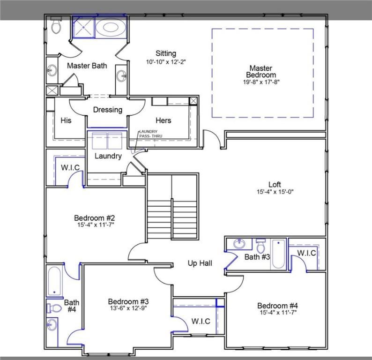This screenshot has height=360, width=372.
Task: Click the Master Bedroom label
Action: tap(261, 72)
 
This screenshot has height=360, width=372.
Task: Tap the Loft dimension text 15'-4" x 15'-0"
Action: tap(275, 192)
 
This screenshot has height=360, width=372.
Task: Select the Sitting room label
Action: tap(166, 53)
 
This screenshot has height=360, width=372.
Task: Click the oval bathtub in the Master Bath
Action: tap(111, 28)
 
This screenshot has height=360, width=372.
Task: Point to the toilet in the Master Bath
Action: tap(57, 27)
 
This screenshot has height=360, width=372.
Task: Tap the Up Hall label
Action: tap(200, 263)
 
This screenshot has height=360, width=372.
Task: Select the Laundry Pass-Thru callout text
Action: tap(148, 134)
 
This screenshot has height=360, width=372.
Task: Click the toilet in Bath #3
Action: tap(260, 245)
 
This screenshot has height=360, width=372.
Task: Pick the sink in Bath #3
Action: tap(239, 244)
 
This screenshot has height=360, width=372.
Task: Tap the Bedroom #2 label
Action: tap(95, 218)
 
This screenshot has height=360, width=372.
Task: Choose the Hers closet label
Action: tap(163, 120)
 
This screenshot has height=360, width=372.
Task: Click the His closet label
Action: tap(66, 120)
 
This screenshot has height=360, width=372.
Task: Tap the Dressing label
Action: tap(107, 110)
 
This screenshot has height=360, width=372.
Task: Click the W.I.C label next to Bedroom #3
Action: tap(201, 322)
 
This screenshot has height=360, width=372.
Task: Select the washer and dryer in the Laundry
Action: tap(107, 141)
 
